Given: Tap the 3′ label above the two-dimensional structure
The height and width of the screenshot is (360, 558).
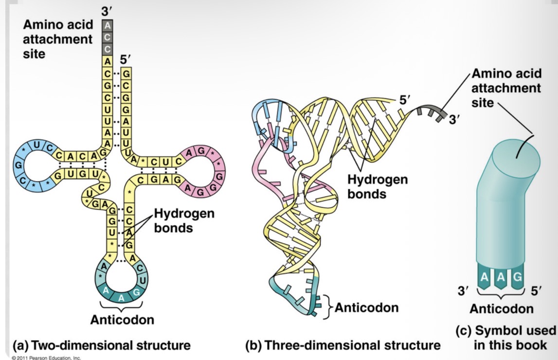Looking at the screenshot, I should click(x=107, y=10).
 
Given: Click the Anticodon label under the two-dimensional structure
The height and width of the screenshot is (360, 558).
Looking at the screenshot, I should click(x=122, y=320).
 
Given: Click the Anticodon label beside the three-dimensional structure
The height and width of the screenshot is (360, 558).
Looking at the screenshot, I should click(x=366, y=307).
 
